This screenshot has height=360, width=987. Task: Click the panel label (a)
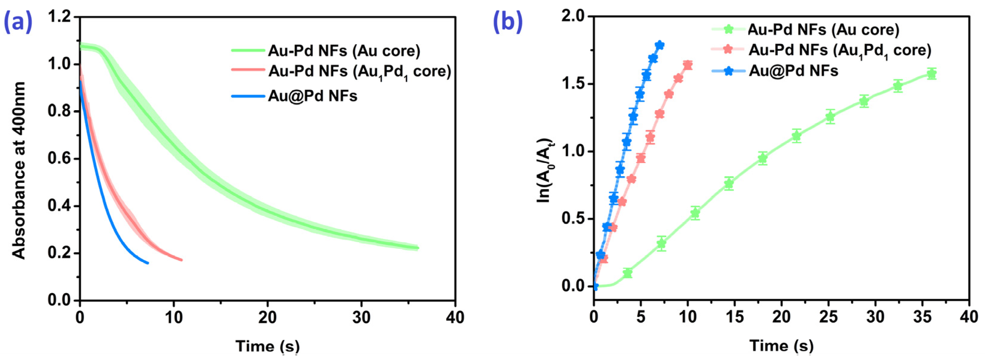pyautogui.click(x=18, y=22)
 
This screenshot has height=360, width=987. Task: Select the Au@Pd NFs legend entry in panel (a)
pyautogui.click(x=312, y=96)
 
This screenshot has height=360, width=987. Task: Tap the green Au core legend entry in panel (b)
pyautogui.click(x=823, y=29)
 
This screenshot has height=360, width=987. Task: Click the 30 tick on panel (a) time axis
pyautogui.click(x=361, y=317)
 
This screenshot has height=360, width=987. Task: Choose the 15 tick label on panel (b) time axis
pyautogui.click(x=734, y=317)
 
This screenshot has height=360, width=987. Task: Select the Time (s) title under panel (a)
pyautogui.click(x=267, y=346)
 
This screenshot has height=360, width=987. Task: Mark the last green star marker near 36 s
pyautogui.click(x=931, y=74)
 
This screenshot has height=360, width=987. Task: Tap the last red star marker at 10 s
pyautogui.click(x=688, y=65)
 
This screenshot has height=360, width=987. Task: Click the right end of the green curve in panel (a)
pyautogui.click(x=417, y=248)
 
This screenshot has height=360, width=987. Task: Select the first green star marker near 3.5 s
pyautogui.click(x=627, y=273)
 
